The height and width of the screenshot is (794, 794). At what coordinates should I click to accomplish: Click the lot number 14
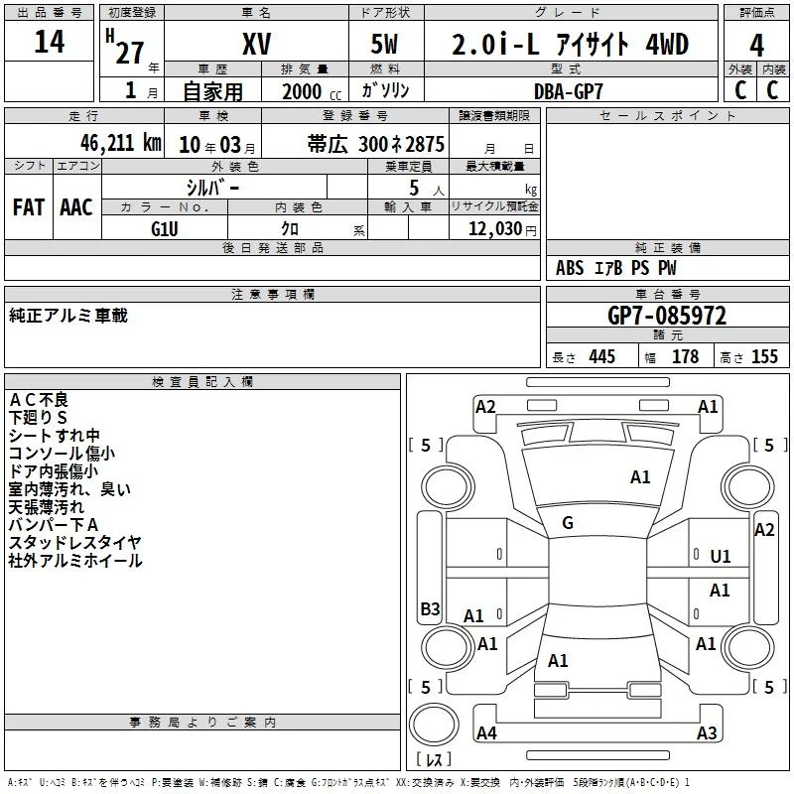click(50, 42)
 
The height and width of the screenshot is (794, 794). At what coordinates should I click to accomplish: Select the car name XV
click(257, 44)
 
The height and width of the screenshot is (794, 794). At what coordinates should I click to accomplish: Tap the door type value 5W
click(384, 44)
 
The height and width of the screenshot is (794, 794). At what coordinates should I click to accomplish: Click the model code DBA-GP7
click(569, 91)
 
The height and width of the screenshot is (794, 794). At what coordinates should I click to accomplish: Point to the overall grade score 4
click(756, 46)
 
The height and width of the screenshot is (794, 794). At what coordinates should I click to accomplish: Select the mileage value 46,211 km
click(121, 143)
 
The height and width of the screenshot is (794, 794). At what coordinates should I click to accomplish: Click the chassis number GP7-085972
click(667, 316)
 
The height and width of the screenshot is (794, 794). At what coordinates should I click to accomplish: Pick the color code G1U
click(165, 229)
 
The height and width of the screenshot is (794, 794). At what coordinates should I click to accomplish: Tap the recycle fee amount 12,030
click(495, 229)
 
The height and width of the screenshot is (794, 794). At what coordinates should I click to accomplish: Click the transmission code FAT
click(29, 207)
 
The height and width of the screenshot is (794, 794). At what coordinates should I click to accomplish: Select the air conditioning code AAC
click(76, 207)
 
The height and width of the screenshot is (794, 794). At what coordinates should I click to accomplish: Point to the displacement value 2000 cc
click(312, 92)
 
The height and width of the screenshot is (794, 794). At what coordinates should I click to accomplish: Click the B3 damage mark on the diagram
click(430, 608)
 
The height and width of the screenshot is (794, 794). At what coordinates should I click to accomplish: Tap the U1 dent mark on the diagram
click(721, 557)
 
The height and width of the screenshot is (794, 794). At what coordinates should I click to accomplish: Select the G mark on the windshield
click(568, 523)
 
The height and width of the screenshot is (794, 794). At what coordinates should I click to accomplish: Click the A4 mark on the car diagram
click(486, 732)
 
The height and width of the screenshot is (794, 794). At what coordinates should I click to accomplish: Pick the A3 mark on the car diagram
click(707, 732)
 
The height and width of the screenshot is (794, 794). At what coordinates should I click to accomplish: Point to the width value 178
click(685, 356)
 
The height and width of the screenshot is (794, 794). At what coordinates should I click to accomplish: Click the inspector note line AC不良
click(39, 400)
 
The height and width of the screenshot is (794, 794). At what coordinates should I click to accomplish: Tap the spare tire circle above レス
click(434, 725)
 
